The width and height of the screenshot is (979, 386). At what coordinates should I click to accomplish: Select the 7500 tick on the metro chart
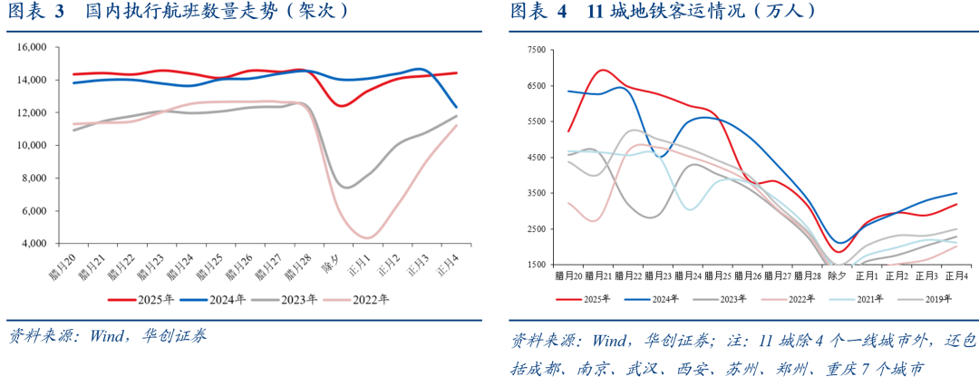pyautogui.click(x=535, y=51)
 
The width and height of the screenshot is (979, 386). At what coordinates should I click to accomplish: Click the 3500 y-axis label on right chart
pyautogui.click(x=535, y=193)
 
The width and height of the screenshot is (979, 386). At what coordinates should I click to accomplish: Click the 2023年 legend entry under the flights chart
pyautogui.click(x=290, y=298)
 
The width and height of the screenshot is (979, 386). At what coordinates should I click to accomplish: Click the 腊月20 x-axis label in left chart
pyautogui.click(x=64, y=265)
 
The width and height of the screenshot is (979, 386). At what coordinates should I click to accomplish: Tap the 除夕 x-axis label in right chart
pyautogui.click(x=838, y=275)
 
